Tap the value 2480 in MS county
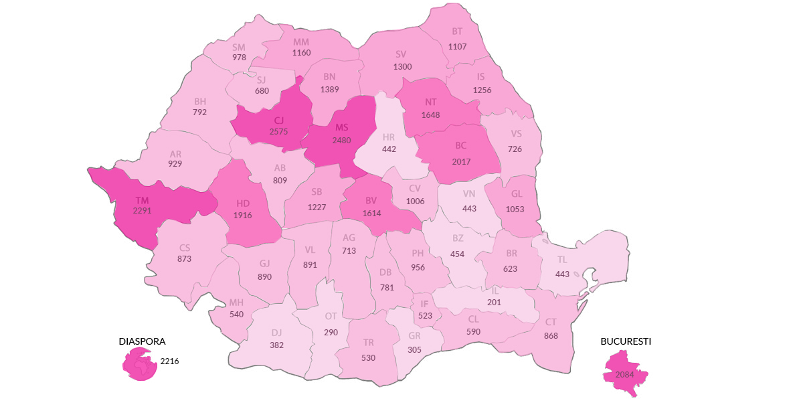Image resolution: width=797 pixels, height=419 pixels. tap(342, 140)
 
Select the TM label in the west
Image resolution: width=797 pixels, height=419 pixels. tap(142, 199)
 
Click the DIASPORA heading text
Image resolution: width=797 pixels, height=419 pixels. tap(142, 341)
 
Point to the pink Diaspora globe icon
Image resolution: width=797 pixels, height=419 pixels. tap(139, 363)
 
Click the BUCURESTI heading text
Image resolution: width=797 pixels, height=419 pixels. tap(626, 341)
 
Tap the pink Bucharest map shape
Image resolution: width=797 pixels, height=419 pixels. tap(626, 374)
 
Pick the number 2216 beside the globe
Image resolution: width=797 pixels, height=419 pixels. tap(169, 361)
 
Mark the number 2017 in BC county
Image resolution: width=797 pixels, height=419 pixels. tap(461, 161)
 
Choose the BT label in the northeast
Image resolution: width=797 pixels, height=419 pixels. tap(457, 31)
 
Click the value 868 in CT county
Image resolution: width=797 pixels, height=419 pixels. tap(551, 335)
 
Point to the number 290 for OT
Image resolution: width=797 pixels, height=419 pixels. tap(331, 332)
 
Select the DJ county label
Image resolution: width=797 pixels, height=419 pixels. tap(276, 332)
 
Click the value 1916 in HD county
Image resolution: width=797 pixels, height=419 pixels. tap(243, 215)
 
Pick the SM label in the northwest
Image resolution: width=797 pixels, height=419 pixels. tap(239, 47)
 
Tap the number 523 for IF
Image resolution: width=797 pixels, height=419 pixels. tap(425, 316)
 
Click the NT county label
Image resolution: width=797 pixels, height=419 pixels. tap(430, 102)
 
